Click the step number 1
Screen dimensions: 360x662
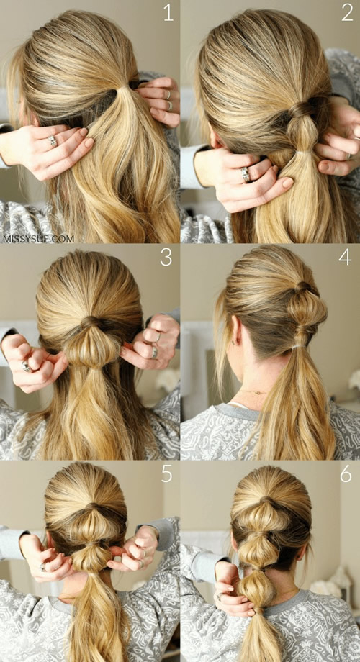tap(168, 14)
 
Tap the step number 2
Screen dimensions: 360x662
tap(347, 14)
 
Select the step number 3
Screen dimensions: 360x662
tap(166, 258)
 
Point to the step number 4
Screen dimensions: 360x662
tap(345, 258)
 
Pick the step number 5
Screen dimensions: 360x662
tap(166, 474)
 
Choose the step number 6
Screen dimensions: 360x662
tap(346, 474)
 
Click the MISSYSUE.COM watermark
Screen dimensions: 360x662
tap(38, 239)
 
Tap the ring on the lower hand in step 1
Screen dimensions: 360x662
tap(52, 141)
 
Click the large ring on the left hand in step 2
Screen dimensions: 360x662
tap(246, 174)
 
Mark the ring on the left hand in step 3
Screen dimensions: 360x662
tap(27, 366)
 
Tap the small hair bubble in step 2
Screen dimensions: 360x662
tap(302, 133)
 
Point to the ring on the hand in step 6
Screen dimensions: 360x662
tap(219, 596)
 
